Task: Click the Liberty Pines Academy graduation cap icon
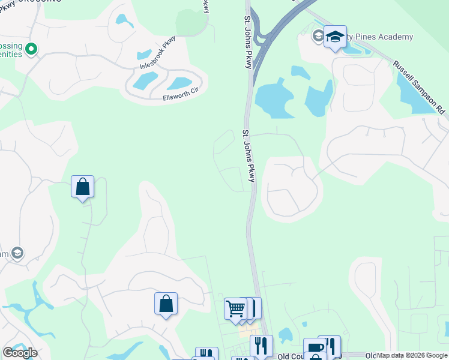pos(336,37)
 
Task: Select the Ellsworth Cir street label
pos(181,95)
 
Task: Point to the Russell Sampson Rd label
pos(420,86)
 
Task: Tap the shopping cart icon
pos(236,309)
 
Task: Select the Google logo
pos(20,353)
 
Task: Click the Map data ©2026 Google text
pos(412,356)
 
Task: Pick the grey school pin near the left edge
pos(17,254)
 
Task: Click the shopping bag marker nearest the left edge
pos(82,187)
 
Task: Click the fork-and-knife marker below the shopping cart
pos(261,346)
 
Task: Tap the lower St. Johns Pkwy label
pos(249,156)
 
